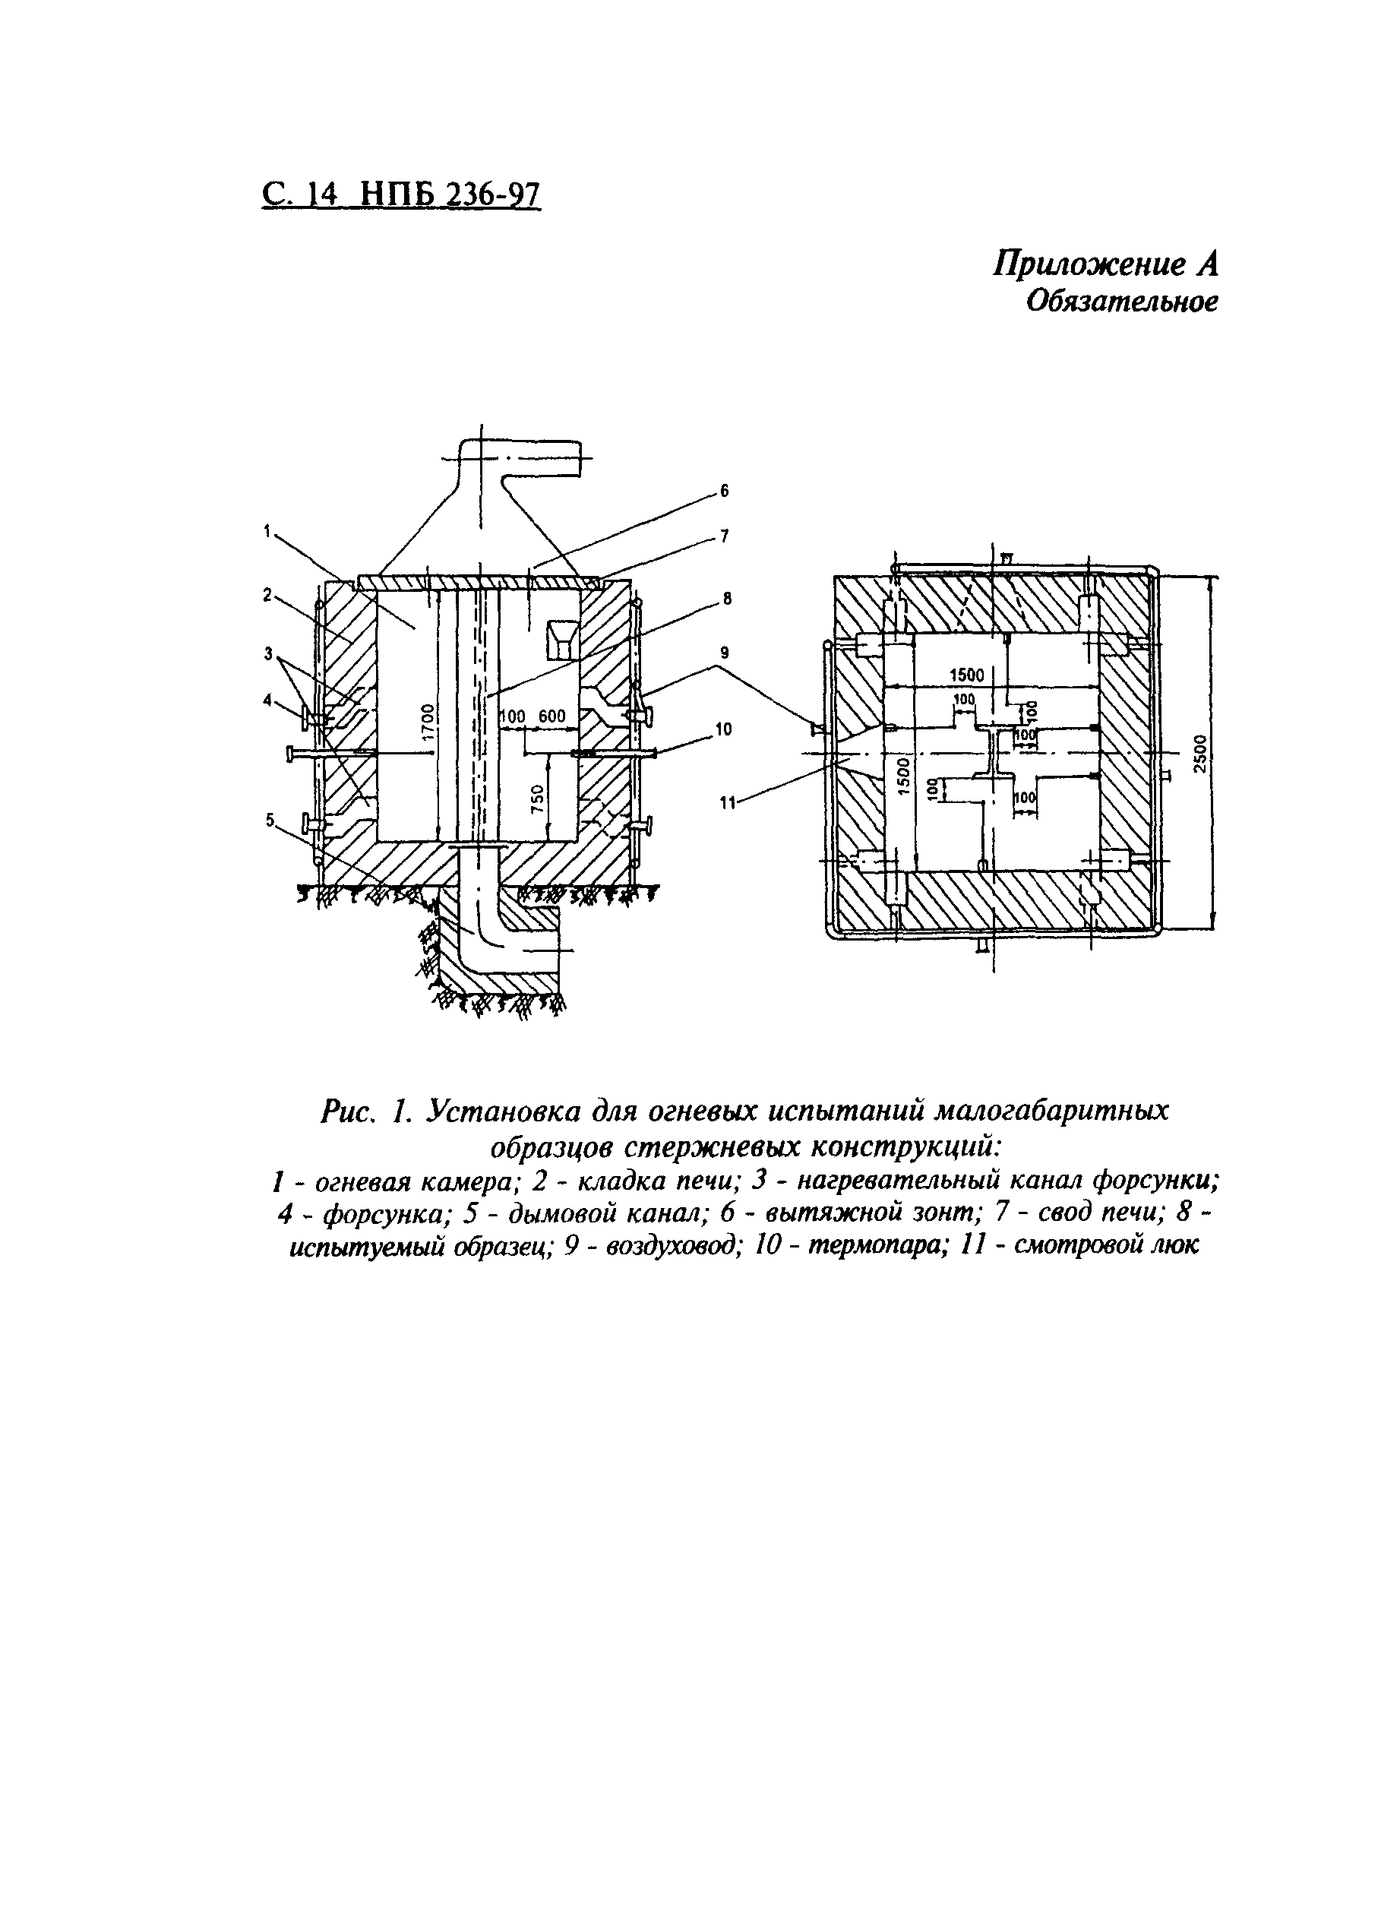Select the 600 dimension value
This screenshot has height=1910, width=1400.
(551, 717)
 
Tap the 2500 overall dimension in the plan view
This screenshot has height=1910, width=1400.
(1207, 750)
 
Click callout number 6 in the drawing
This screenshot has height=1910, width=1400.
(724, 491)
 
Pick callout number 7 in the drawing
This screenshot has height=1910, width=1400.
(724, 536)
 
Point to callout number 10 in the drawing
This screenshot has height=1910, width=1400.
(724, 729)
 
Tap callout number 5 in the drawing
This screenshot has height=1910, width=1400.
(270, 820)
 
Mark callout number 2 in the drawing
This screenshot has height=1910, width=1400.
(266, 596)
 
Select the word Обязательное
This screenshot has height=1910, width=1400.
(1122, 302)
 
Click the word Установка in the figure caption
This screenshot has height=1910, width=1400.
(503, 1111)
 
